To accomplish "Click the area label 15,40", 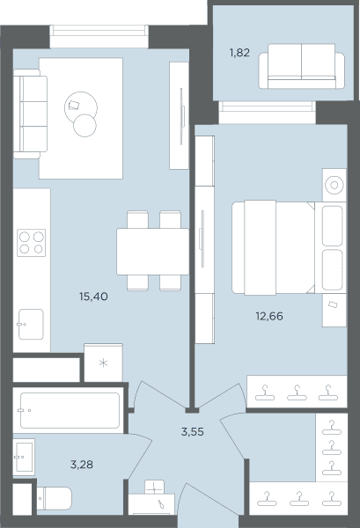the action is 93,297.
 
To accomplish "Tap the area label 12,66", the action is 269,316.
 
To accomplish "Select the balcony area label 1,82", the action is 239,53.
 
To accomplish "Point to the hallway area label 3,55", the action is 192,431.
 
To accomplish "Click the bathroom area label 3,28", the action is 82,465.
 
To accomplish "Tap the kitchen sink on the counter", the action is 31,324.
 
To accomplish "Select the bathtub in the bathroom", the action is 70,410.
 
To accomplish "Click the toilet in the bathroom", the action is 54,499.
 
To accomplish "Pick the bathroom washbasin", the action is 25,457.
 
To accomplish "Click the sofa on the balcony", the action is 301,66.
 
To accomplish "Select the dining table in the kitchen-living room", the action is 152,252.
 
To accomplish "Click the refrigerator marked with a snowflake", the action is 103,363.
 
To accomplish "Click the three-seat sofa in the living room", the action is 30,114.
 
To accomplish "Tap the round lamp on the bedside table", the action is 334,185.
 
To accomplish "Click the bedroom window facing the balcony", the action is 267,112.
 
